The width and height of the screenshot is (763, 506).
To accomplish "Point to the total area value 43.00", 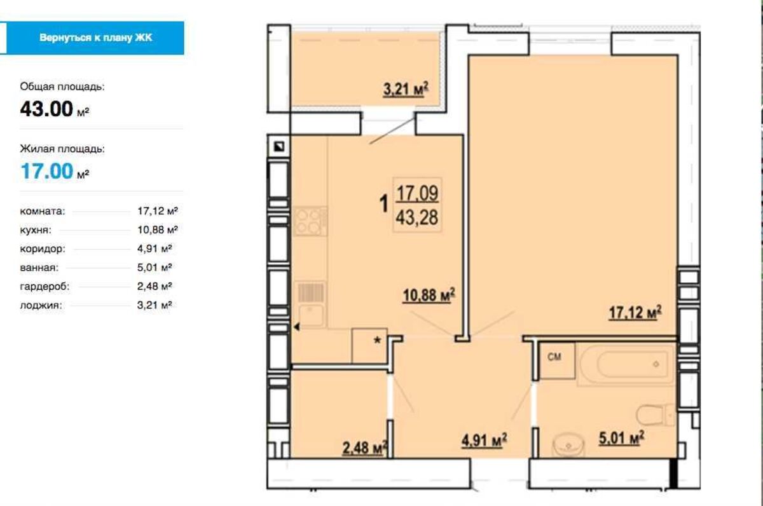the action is pyautogui.click(x=46, y=109).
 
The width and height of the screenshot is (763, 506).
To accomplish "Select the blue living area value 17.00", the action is pyautogui.click(x=47, y=171).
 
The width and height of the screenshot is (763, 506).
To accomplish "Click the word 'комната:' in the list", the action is pyautogui.click(x=42, y=211).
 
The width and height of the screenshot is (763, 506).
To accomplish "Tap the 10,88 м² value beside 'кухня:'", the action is pyautogui.click(x=158, y=230).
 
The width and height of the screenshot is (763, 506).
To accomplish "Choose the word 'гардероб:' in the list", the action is pyautogui.click(x=45, y=286).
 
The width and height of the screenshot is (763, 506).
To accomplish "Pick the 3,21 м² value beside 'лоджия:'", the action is pyautogui.click(x=155, y=305).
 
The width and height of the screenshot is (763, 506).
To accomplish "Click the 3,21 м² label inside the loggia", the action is pyautogui.click(x=406, y=89).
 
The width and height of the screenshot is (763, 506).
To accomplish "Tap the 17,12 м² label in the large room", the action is pyautogui.click(x=635, y=313).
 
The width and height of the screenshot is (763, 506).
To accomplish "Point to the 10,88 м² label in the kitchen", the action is pyautogui.click(x=429, y=295).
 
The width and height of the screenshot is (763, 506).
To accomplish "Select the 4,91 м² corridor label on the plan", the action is pyautogui.click(x=484, y=441).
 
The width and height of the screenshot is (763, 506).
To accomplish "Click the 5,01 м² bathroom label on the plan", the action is pyautogui.click(x=621, y=438).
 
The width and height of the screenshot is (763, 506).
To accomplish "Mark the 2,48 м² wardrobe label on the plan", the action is pyautogui.click(x=365, y=448).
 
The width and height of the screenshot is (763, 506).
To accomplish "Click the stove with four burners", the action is pyautogui.click(x=310, y=221).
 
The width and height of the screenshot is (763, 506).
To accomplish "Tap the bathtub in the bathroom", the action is pyautogui.click(x=626, y=364).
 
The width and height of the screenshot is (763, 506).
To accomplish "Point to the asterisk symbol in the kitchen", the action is pyautogui.click(x=378, y=340).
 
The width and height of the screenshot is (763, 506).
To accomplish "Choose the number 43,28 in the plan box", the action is pyautogui.click(x=417, y=217).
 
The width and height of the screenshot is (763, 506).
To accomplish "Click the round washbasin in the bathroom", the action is pyautogui.click(x=568, y=445).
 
